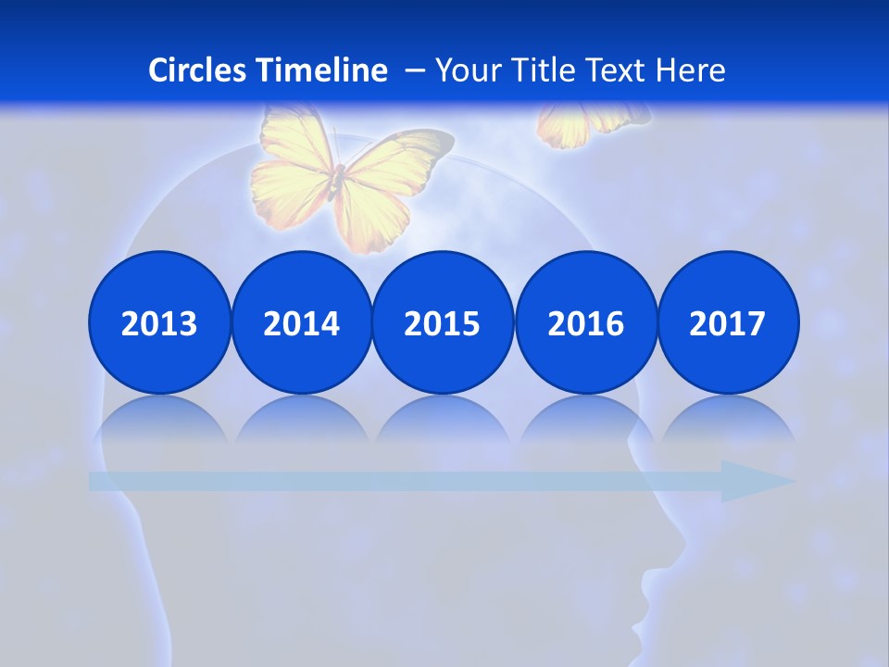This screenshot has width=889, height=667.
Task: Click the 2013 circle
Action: tap(159, 322)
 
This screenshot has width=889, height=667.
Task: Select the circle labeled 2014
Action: tap(302, 322)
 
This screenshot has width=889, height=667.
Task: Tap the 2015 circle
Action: tap(443, 322)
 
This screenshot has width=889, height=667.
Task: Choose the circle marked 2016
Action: tap(585, 322)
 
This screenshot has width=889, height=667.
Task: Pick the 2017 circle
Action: tap(728, 322)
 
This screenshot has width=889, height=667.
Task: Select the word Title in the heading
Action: tap(545, 70)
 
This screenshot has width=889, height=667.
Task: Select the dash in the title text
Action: tap(415, 70)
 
